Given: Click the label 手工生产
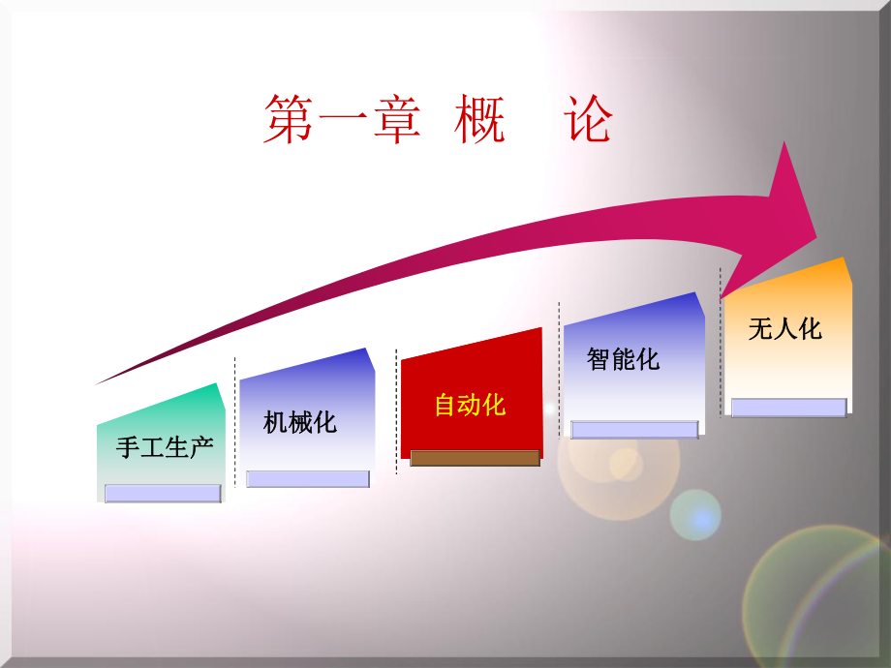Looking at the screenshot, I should coord(164,447).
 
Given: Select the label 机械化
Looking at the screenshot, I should coord(300,422).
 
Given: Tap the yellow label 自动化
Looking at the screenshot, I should coord(470,405).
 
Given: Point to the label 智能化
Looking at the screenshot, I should coord(623,359).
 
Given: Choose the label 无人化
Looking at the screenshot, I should coord(784,328).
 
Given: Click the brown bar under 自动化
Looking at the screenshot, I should coord(475,458).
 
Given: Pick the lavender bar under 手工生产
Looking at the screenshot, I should coord(163,494).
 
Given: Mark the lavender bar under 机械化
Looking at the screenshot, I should coord(308,478).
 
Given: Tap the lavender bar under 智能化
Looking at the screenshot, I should coord(634,429).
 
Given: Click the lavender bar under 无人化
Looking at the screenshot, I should coord(788,408).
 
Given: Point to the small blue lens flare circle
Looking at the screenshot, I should coord(695,514).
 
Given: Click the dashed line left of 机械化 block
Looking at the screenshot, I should coord(234,421).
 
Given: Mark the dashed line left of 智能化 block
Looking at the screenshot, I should coord(559,368).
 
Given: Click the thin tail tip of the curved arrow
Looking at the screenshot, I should coord(100,382).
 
